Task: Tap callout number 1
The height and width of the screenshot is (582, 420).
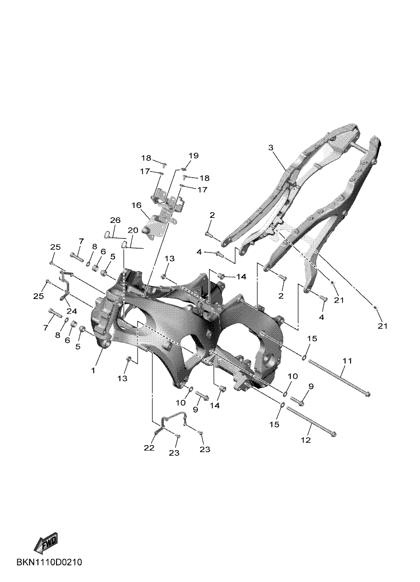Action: coord(93,370)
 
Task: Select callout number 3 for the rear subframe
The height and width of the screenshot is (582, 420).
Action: coord(271,148)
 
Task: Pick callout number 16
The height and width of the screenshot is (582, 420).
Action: coord(137,205)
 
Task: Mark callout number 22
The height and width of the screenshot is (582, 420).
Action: coord(149,448)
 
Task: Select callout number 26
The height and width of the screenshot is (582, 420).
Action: coord(115,220)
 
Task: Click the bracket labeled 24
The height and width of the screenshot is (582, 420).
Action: coord(65,285)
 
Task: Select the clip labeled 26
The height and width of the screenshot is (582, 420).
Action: coord(108,234)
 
